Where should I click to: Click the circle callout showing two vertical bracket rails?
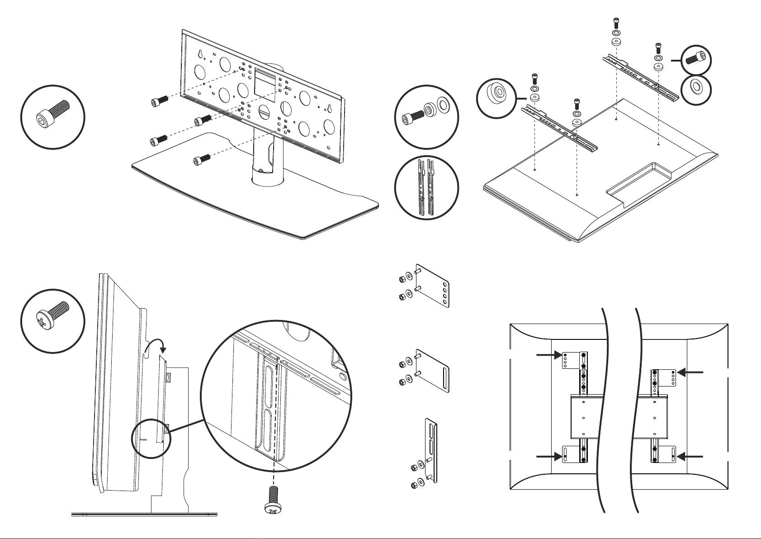click(426, 187)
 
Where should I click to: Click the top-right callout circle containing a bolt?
click(695, 59)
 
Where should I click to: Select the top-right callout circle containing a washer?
click(695, 90)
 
